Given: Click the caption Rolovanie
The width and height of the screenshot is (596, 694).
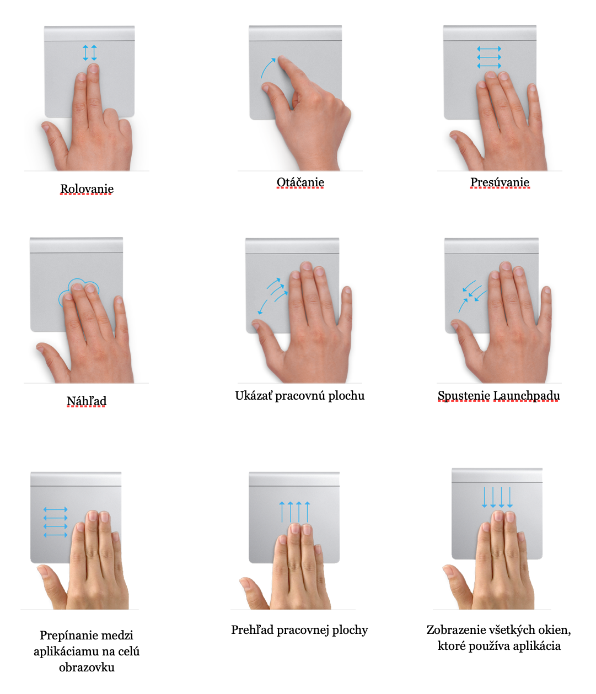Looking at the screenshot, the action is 87,189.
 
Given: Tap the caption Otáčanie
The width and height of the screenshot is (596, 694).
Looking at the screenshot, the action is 300,182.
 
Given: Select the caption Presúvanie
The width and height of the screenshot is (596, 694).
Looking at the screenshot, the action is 500,182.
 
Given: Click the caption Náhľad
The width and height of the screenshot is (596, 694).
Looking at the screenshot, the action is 87,401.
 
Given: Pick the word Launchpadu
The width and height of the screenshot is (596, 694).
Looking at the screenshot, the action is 527,396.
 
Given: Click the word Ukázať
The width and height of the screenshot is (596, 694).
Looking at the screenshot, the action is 254,396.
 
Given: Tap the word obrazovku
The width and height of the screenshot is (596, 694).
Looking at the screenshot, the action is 87,667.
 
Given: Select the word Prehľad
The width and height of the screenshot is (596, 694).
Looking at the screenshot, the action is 253,630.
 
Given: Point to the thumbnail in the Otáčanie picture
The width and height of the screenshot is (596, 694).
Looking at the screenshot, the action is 265,88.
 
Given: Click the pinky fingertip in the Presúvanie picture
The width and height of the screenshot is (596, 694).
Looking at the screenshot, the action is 531,88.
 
